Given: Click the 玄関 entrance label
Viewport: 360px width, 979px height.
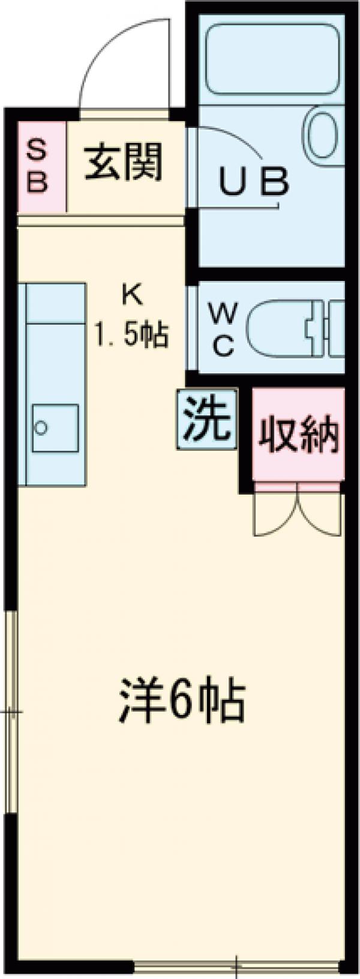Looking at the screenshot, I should [x=124, y=163].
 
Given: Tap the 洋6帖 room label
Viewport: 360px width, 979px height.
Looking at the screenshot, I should [x=181, y=701].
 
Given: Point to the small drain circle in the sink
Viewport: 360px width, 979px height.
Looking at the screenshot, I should [x=41, y=427].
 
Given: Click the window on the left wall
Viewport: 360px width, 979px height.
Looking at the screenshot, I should [x=11, y=712].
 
